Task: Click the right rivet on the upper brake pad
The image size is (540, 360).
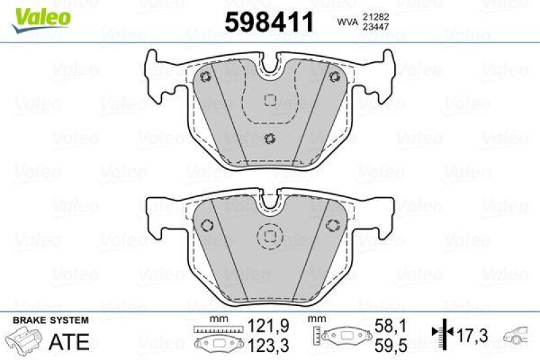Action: click(333, 76)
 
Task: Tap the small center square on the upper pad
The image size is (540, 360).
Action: click(270, 100)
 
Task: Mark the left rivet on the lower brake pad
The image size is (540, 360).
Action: click(207, 225)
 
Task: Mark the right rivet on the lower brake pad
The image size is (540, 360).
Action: click(332, 225)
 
